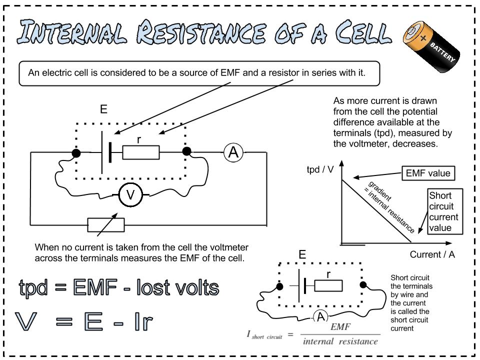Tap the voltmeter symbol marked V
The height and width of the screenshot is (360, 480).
tap(130, 195)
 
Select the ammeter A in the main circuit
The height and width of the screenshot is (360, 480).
tap(233, 152)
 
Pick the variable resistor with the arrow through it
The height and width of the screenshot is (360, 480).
tap(105, 225)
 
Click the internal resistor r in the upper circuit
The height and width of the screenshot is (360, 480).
tap(141, 152)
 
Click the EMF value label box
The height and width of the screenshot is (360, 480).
tap(428, 173)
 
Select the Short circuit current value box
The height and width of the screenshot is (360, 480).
tap(443, 211)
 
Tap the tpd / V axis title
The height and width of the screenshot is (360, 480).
tap(320, 169)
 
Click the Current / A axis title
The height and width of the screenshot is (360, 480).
tap(432, 254)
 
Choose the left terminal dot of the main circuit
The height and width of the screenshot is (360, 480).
tap(76, 153)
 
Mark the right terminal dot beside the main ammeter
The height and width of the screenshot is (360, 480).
tap(187, 151)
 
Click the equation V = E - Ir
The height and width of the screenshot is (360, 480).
tap(83, 321)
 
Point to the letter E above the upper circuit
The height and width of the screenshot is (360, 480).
tap(103, 109)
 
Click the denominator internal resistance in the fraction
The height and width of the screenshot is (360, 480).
tap(340, 342)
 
